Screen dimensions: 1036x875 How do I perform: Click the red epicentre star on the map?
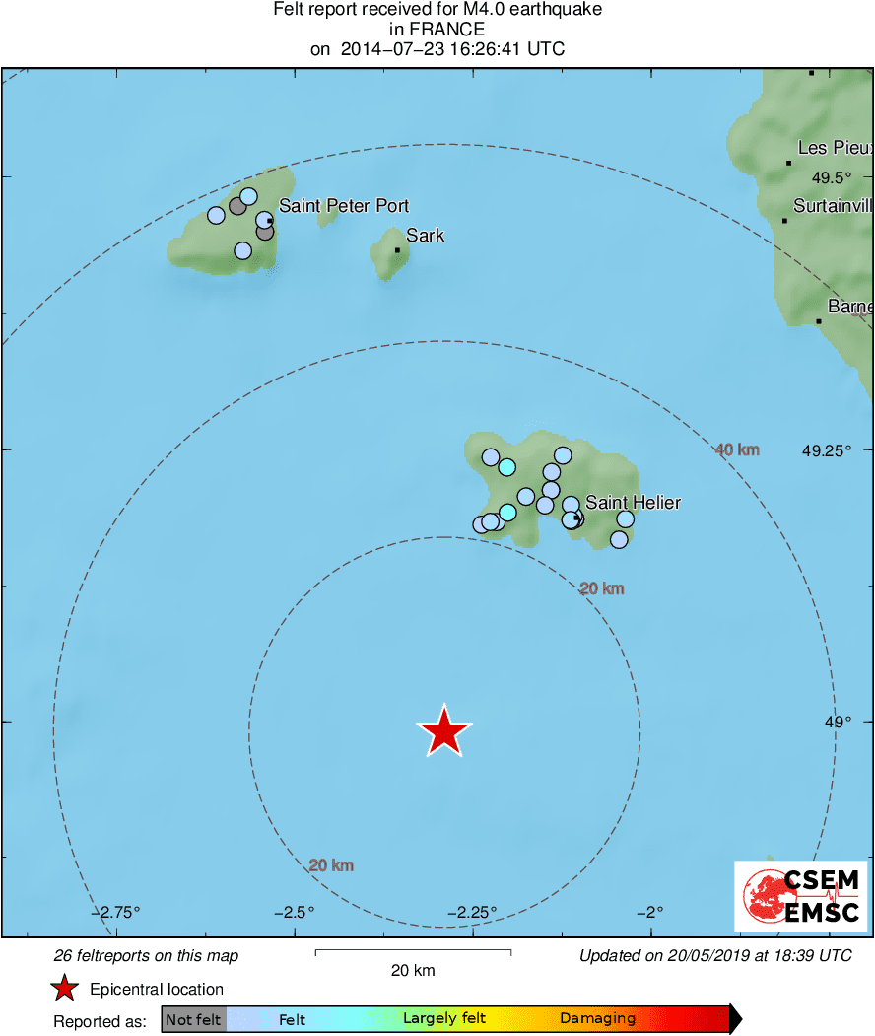click(x=444, y=731)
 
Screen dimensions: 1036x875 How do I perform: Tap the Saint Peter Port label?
click(x=344, y=206)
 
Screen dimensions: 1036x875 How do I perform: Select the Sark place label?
click(x=425, y=236)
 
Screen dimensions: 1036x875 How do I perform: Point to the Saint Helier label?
click(x=633, y=503)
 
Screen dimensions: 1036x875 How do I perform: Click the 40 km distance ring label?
click(x=737, y=450)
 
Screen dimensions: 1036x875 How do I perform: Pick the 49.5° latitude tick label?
click(x=831, y=178)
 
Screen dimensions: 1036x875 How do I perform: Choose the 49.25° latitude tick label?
click(x=826, y=450)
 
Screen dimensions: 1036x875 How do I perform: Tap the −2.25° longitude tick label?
click(x=473, y=912)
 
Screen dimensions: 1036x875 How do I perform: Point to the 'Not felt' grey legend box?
click(x=194, y=1019)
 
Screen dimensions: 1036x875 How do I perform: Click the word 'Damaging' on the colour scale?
click(x=597, y=1019)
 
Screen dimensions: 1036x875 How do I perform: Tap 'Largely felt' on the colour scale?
click(x=444, y=1019)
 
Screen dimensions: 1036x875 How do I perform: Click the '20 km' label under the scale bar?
click(x=412, y=970)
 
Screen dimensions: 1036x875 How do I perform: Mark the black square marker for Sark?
click(x=397, y=250)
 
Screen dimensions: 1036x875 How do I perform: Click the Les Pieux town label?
click(x=835, y=148)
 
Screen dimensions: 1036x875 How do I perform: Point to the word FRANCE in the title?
click(x=437, y=30)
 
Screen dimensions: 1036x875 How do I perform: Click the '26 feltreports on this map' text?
click(x=146, y=956)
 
